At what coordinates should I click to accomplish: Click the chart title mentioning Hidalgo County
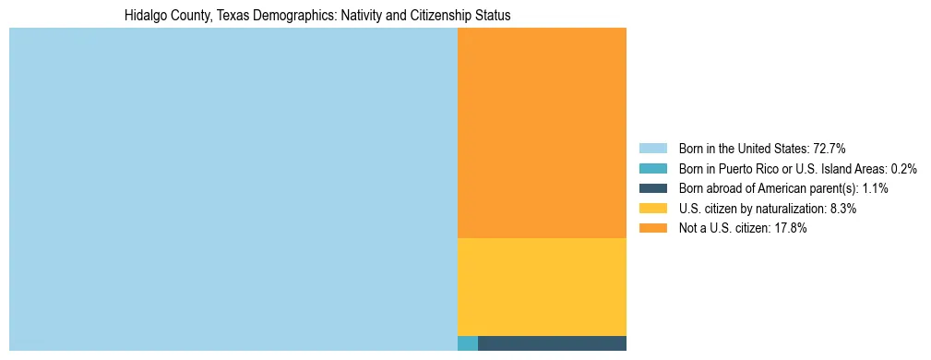pyautogui.click(x=317, y=16)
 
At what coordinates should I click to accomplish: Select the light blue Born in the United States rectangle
pyautogui.click(x=233, y=189)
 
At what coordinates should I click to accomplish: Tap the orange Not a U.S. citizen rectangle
pyautogui.click(x=542, y=133)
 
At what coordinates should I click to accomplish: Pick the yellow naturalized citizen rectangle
pyautogui.click(x=542, y=287)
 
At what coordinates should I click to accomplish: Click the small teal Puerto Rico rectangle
pyautogui.click(x=468, y=343)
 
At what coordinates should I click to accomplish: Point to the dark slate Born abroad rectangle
pyautogui.click(x=552, y=343)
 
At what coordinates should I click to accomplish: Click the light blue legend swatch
pyautogui.click(x=653, y=149)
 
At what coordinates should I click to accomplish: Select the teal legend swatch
pyautogui.click(x=653, y=169)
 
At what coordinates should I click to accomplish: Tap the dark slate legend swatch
pyautogui.click(x=653, y=188)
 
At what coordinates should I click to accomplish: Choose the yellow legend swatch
pyautogui.click(x=653, y=209)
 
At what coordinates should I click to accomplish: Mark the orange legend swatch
pyautogui.click(x=653, y=229)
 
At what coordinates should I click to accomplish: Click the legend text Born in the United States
pyautogui.click(x=743, y=149)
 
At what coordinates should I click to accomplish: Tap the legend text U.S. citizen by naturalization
pyautogui.click(x=753, y=209)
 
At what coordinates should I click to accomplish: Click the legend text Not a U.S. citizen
pyautogui.click(x=729, y=229)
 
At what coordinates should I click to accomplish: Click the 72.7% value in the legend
pyautogui.click(x=830, y=149)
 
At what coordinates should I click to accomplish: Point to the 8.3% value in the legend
pyautogui.click(x=843, y=209)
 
